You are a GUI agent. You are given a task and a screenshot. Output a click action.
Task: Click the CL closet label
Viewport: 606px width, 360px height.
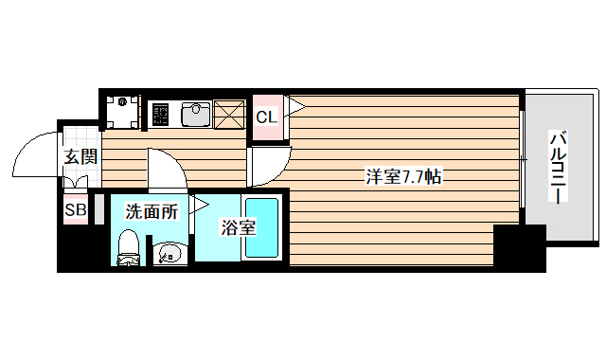(266, 117)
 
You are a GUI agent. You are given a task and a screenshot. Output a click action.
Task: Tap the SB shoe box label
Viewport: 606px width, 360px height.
(74, 210)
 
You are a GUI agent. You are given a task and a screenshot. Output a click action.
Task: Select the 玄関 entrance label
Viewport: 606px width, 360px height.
(80, 157)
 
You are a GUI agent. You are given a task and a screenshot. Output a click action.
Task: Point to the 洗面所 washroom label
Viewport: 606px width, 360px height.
(151, 211)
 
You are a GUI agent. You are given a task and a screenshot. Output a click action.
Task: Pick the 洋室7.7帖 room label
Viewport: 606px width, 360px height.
(403, 176)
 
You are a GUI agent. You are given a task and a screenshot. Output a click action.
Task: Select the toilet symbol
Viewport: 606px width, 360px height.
(129, 248)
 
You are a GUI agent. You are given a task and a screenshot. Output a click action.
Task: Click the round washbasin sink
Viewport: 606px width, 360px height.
(168, 253)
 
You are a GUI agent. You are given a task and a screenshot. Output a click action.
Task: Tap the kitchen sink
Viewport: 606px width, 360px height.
(196, 114)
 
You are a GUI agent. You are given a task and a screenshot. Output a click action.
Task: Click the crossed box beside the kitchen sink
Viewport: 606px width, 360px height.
(228, 114)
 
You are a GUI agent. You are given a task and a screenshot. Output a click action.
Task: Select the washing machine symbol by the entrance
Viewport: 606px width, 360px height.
(121, 113)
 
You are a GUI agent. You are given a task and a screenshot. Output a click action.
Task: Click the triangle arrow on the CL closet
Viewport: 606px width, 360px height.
(294, 106)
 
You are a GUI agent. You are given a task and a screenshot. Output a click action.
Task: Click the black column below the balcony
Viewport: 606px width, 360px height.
(520, 247)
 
